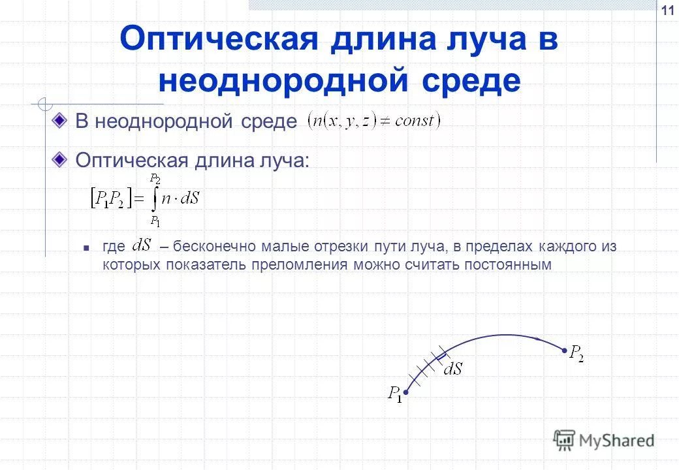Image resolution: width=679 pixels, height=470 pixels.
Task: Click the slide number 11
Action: tap(667, 11)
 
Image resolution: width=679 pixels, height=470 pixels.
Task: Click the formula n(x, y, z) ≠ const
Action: tap(374, 121)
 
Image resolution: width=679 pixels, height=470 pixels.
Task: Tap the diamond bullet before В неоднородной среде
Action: tap(61, 120)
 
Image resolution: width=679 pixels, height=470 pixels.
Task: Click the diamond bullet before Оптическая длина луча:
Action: tap(61, 159)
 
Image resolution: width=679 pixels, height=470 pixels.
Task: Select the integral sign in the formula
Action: tap(154, 199)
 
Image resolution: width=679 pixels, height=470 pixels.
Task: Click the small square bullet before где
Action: tap(86, 248)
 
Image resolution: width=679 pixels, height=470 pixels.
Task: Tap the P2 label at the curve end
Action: tap(576, 353)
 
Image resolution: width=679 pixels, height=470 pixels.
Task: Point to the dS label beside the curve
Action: tap(452, 369)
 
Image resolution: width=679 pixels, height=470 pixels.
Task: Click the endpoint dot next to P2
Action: tap(564, 351)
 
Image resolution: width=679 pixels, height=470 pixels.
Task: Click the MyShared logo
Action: tap(604, 441)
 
